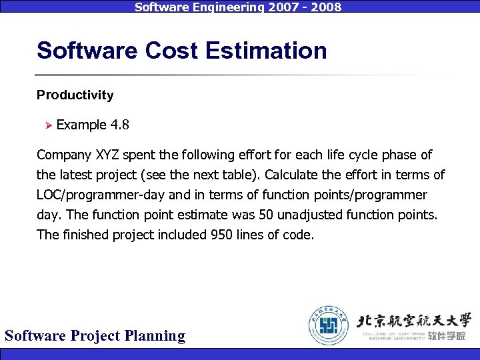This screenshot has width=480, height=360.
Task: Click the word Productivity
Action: tap(75, 95)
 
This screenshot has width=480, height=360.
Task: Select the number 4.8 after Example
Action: tap(120, 125)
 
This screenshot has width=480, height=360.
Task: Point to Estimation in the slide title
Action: tap(272, 51)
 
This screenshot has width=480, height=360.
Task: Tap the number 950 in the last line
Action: tap(223, 235)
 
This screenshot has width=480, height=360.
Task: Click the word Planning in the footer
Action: tap(155, 335)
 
